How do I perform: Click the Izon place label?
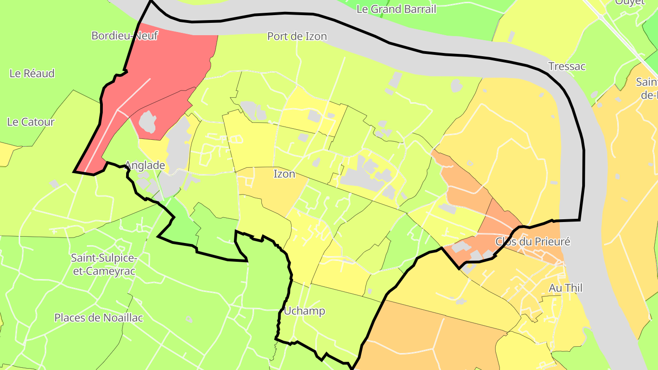click(284, 174)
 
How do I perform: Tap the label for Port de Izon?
click(297, 36)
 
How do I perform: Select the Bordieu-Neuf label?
click(124, 36)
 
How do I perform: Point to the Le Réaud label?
click(32, 74)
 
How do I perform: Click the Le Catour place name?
click(31, 122)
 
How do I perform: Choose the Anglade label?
click(145, 165)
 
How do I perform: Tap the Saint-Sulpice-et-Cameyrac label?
click(104, 264)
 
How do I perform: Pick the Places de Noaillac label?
click(99, 318)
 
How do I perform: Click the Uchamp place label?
click(304, 311)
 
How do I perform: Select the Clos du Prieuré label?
click(533, 242)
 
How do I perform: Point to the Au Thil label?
click(566, 288)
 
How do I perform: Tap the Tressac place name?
click(567, 67)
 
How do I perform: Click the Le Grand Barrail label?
click(396, 9)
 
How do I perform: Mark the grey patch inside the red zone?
click(148, 122)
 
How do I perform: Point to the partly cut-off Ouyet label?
click(629, 2)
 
